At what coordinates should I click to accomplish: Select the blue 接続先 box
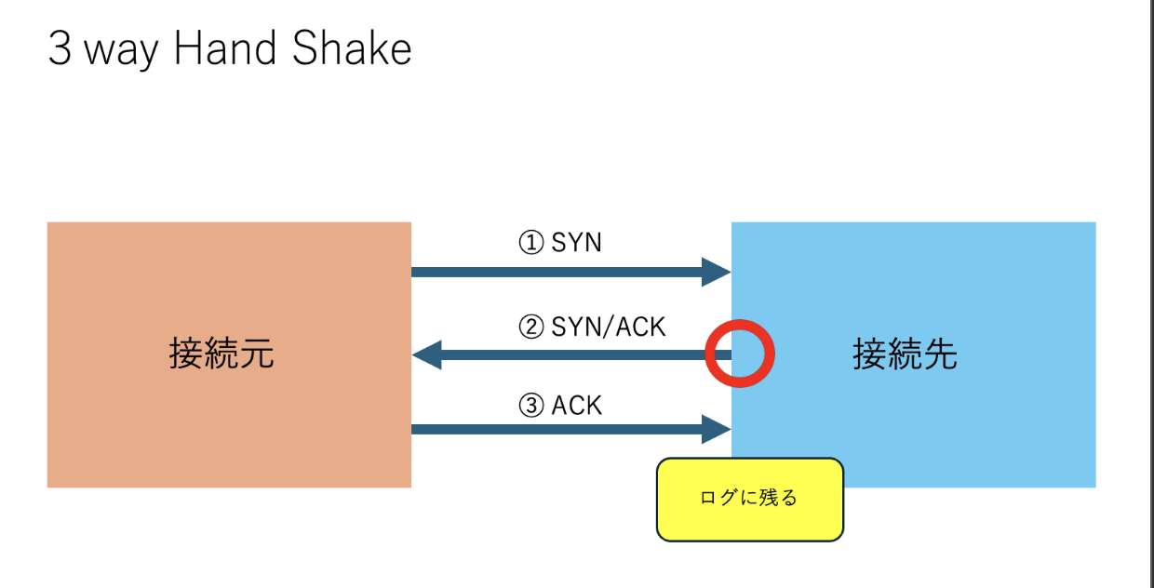tap(931, 279)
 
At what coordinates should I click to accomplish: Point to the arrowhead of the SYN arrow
tap(716, 272)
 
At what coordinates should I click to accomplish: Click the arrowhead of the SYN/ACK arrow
tap(427, 354)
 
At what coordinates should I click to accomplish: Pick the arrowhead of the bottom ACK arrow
tap(716, 429)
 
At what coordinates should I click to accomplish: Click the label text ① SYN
tap(560, 243)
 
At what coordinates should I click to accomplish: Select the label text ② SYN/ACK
tap(592, 327)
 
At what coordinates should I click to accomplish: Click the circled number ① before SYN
tap(530, 243)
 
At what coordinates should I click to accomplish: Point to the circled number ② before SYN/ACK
tap(530, 327)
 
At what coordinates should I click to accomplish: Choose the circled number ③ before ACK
tap(530, 406)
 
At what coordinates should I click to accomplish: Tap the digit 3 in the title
tap(60, 50)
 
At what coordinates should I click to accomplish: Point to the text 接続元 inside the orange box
tap(221, 354)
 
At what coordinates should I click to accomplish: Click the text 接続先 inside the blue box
tap(905, 354)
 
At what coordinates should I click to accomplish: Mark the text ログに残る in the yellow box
tap(749, 498)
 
